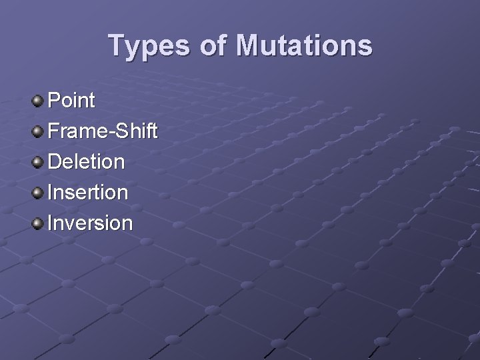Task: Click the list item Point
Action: click(72, 101)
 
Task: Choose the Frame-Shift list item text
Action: click(103, 131)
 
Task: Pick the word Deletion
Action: click(86, 162)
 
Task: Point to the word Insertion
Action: click(87, 193)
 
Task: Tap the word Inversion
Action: click(90, 223)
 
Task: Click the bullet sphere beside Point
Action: click(37, 101)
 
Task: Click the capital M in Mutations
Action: click(254, 46)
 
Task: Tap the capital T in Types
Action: click(117, 46)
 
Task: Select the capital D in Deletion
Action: click(55, 162)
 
